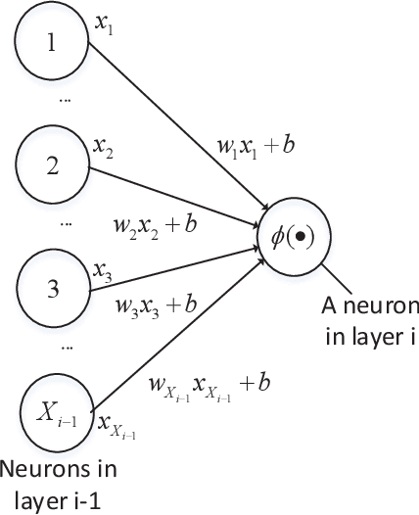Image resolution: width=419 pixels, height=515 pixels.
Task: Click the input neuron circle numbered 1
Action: click(x=52, y=45)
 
